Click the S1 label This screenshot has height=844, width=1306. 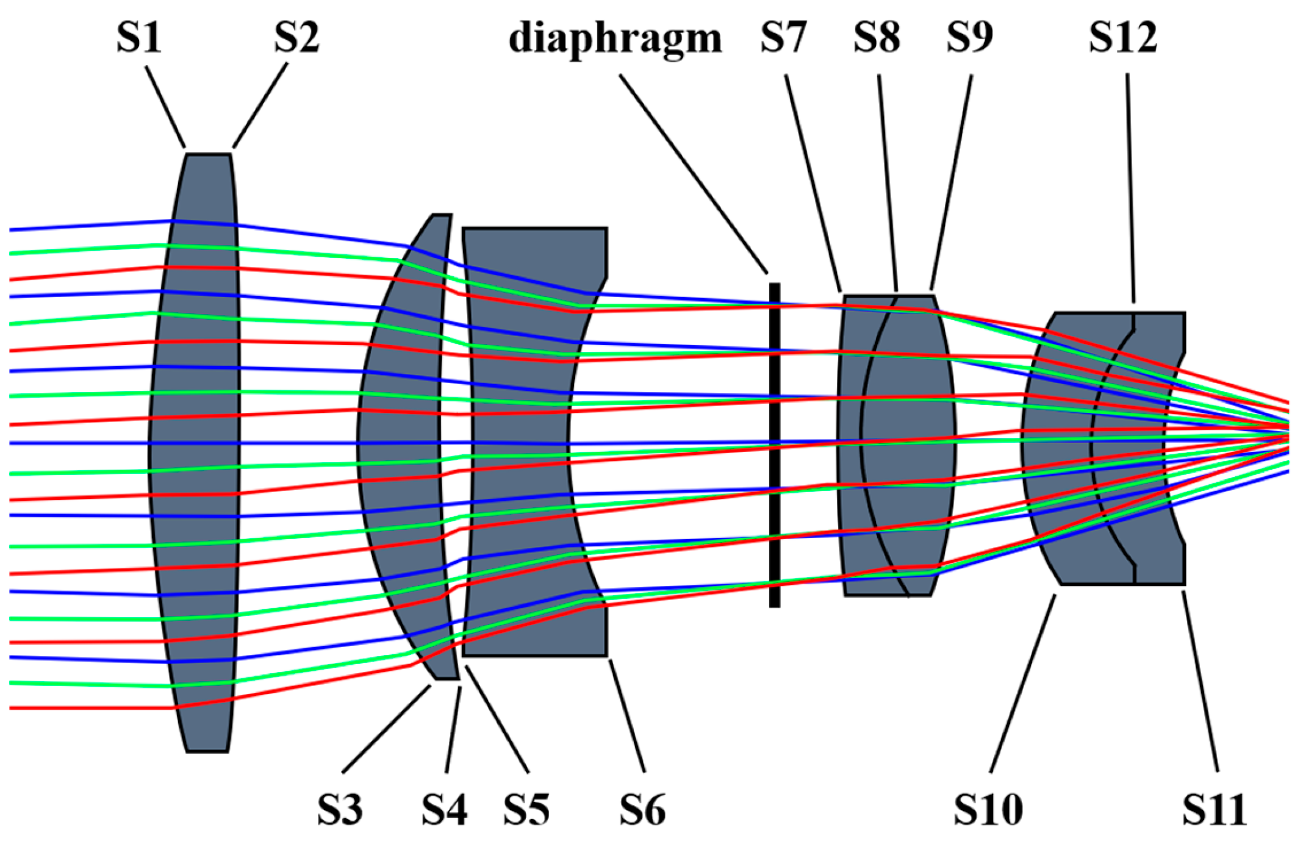click(139, 38)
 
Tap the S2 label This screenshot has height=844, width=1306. click(296, 38)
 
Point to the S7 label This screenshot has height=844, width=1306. click(783, 38)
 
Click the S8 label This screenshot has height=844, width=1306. click(877, 38)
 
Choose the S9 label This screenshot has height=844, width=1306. click(969, 38)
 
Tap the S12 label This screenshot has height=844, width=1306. click(1123, 38)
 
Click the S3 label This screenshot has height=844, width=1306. click(340, 810)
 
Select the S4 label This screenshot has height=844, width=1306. click(444, 810)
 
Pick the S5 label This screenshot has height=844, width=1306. click(526, 810)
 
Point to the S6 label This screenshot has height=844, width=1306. click(642, 810)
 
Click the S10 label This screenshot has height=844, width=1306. click(988, 810)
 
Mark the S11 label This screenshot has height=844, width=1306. click(1214, 810)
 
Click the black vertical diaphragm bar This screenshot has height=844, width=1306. click(774, 445)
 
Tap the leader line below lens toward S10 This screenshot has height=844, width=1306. click(1023, 683)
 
